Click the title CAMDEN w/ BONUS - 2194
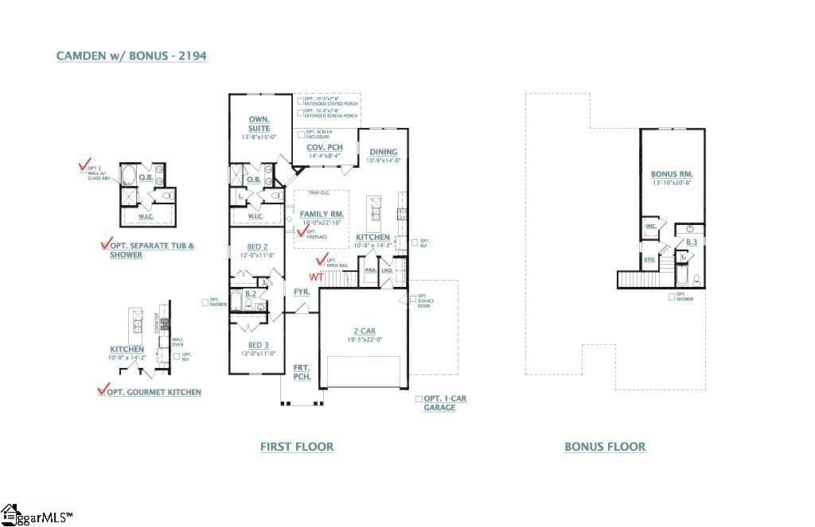pyautogui.click(x=132, y=56)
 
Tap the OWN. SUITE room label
pyautogui.click(x=259, y=124)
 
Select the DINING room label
pyautogui.click(x=383, y=152)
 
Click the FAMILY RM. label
pyautogui.click(x=321, y=214)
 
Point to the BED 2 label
pyautogui.click(x=257, y=246)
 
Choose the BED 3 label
pyautogui.click(x=257, y=344)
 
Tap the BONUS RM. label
pyautogui.click(x=672, y=173)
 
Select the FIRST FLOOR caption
pyautogui.click(x=297, y=447)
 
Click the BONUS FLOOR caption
pyautogui.click(x=605, y=447)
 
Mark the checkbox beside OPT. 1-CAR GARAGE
pyautogui.click(x=419, y=398)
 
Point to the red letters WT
pyautogui.click(x=316, y=277)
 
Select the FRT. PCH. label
pyautogui.click(x=302, y=371)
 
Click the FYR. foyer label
pyautogui.click(x=302, y=292)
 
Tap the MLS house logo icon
pyautogui.click(x=10, y=514)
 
